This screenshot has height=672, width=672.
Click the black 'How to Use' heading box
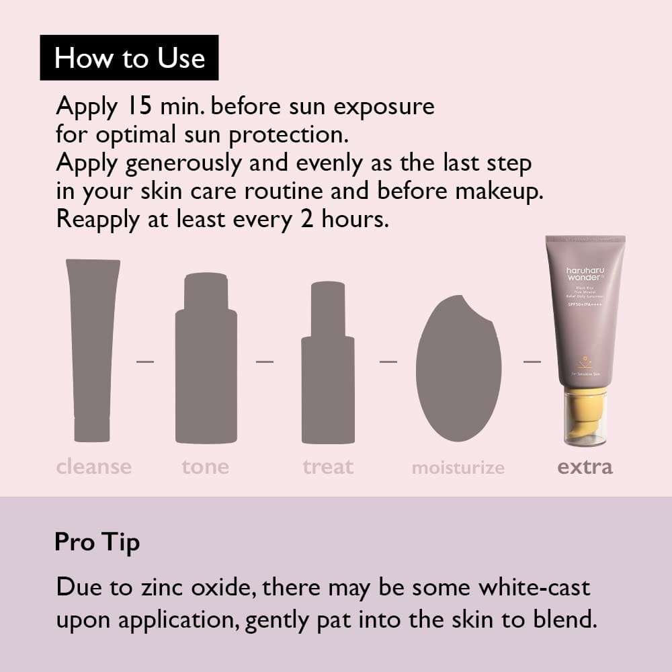(x=129, y=58)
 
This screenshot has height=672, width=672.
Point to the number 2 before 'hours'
(x=307, y=219)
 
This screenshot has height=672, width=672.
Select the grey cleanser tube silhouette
(x=92, y=349)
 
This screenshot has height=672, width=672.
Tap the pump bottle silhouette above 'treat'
(x=327, y=363)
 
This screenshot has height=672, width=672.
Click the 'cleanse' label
(x=93, y=466)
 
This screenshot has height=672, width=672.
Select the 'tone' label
(x=205, y=466)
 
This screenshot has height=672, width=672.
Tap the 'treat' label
(x=327, y=466)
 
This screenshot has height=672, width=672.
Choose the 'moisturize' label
(x=458, y=468)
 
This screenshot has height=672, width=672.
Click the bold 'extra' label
(x=585, y=466)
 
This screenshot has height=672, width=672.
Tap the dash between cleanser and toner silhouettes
(x=145, y=362)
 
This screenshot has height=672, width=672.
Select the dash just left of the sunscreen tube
(x=532, y=362)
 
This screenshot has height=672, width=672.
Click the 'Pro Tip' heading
(x=97, y=542)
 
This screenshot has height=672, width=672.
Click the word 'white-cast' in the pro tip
(x=534, y=587)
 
